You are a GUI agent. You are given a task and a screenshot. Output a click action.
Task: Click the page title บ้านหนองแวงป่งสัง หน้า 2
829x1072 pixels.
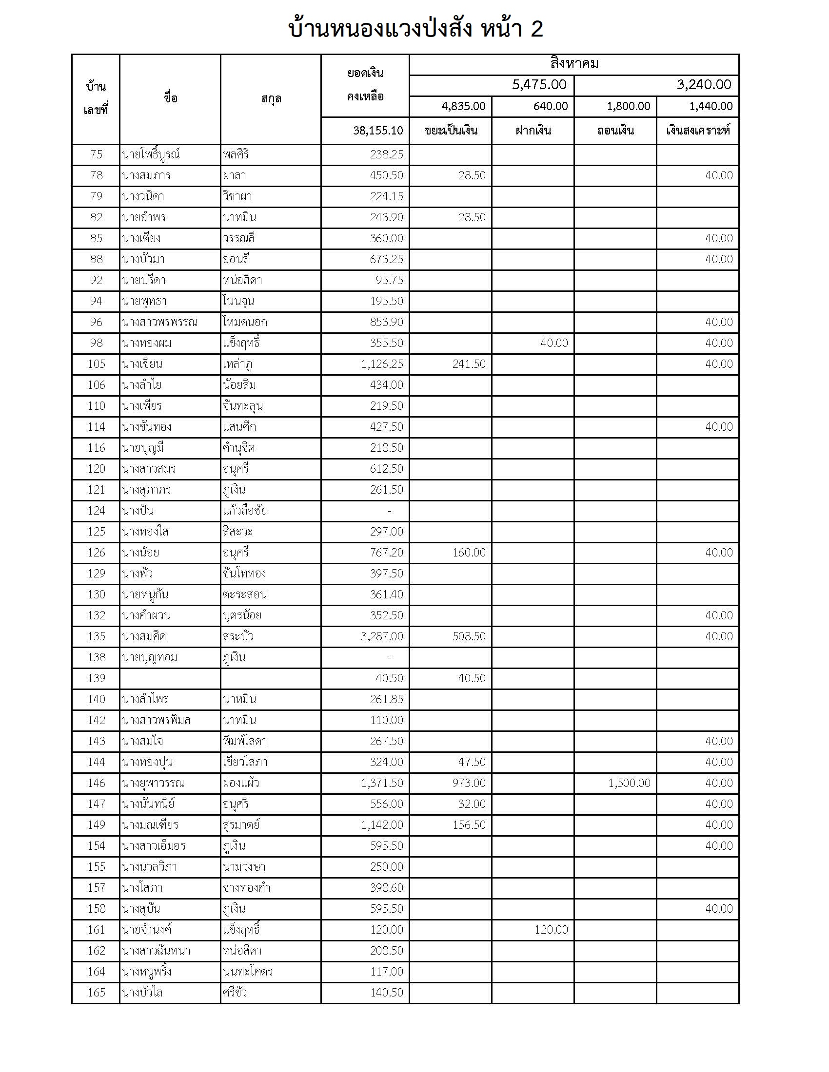pyautogui.click(x=415, y=29)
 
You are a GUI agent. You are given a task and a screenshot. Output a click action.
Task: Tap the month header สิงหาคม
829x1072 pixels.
pyautogui.click(x=573, y=64)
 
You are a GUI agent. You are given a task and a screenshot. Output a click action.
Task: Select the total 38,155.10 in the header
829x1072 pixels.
pyautogui.click(x=377, y=131)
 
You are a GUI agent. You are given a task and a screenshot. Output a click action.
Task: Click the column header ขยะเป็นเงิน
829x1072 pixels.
pyautogui.click(x=451, y=131)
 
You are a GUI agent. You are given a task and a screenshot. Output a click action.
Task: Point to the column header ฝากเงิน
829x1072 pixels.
pyautogui.click(x=533, y=131)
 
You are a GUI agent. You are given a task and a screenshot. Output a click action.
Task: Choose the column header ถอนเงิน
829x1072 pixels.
pyautogui.click(x=615, y=131)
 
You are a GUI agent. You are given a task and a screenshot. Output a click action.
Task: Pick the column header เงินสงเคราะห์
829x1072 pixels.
pyautogui.click(x=697, y=131)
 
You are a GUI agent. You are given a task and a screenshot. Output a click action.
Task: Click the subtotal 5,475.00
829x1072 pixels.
pyautogui.click(x=539, y=85)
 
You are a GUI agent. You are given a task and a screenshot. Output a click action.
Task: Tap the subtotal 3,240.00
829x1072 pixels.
pyautogui.click(x=704, y=85)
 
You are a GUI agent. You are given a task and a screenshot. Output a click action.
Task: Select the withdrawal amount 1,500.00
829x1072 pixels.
pyautogui.click(x=629, y=783)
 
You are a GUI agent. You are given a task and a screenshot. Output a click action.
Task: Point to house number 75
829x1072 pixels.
pyautogui.click(x=96, y=154)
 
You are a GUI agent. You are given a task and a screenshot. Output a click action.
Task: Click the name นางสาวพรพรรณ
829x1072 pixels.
pyautogui.click(x=159, y=322)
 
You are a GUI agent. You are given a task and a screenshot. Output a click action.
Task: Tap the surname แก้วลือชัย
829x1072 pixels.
pyautogui.click(x=245, y=511)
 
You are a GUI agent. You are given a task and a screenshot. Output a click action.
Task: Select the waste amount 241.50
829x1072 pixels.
pyautogui.click(x=469, y=364)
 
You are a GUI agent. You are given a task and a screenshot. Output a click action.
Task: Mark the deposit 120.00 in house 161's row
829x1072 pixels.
pyautogui.click(x=551, y=929)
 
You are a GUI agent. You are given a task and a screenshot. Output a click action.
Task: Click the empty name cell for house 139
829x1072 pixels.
pyautogui.click(x=170, y=678)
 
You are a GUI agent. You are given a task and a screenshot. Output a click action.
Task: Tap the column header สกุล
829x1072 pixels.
pyautogui.click(x=271, y=99)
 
